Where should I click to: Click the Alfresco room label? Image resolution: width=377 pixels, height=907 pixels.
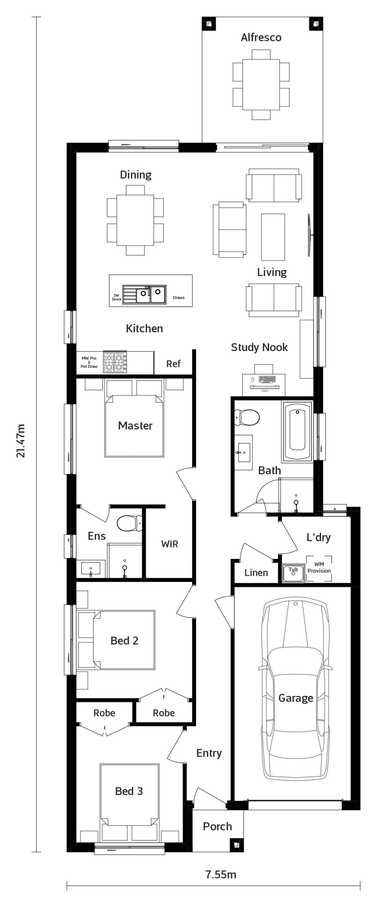tap(261, 37)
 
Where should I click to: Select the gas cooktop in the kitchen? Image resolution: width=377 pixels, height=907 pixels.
tap(115, 362)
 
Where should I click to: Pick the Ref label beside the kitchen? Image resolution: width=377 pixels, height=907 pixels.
tap(173, 364)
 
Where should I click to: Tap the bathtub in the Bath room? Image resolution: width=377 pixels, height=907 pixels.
tap(297, 431)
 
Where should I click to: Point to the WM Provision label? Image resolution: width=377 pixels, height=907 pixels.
tap(319, 568)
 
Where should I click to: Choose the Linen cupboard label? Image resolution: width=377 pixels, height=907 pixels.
tap(256, 573)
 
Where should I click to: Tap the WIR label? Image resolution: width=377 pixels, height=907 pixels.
tap(170, 544)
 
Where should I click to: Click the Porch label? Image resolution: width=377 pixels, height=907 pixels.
tap(217, 827)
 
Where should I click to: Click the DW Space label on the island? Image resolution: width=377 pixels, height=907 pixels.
tap(116, 297)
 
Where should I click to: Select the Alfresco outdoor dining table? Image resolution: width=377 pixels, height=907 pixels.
tap(261, 84)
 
